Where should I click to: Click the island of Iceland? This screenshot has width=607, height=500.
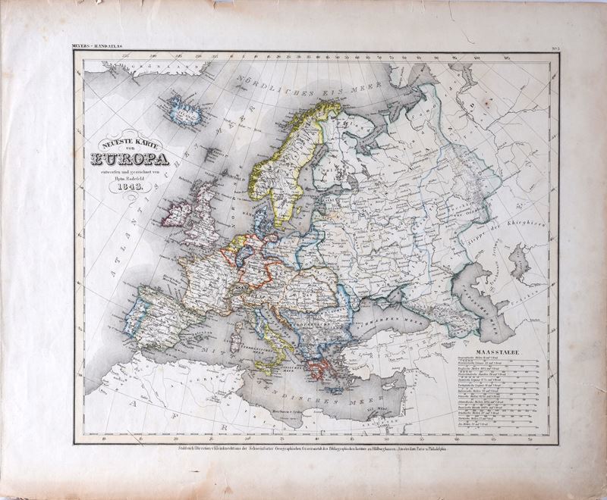183,111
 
